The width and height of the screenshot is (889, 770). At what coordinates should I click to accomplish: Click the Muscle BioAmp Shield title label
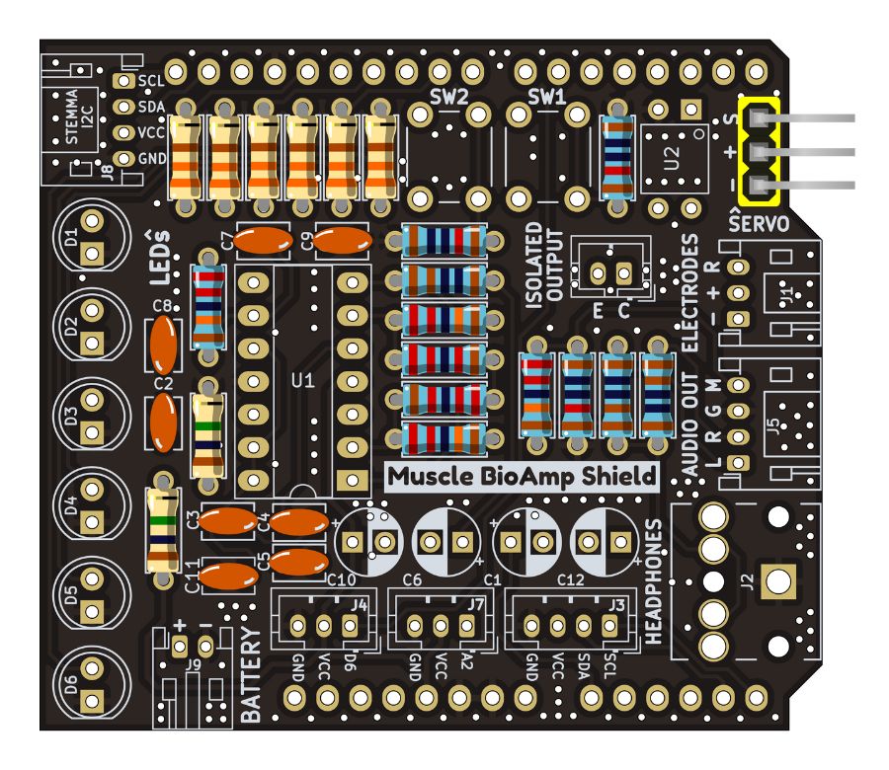tap(521, 476)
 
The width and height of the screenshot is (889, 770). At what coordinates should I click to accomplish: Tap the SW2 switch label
tap(449, 97)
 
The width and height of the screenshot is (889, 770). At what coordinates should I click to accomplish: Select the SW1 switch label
tap(545, 97)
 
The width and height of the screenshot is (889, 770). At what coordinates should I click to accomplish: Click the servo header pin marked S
tap(759, 118)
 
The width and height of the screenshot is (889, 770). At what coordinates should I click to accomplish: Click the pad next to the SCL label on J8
tap(124, 82)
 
